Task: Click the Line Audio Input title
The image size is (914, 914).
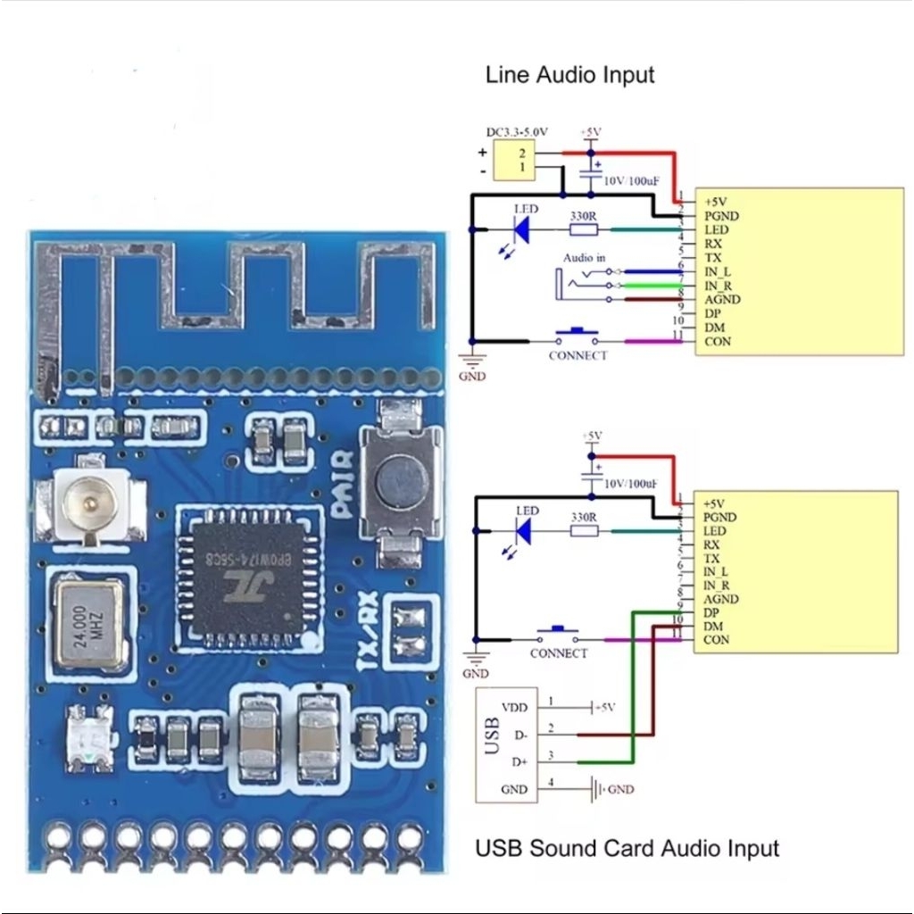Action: (x=569, y=75)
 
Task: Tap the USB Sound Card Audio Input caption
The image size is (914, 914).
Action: (x=627, y=847)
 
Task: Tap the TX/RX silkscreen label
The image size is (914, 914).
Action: (x=369, y=630)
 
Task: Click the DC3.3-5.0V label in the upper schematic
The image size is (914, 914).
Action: (x=518, y=132)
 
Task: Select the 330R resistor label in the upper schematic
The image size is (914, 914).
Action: (x=584, y=215)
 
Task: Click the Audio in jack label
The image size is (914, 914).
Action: (x=584, y=258)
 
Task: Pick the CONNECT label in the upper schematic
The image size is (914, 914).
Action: (x=577, y=355)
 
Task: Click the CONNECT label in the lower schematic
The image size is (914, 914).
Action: (x=559, y=653)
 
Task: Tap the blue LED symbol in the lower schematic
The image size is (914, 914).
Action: (x=524, y=532)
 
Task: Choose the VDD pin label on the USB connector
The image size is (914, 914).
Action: (x=514, y=707)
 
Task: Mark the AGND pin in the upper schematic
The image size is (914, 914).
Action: (x=722, y=300)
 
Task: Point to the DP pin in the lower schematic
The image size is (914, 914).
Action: (x=711, y=613)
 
